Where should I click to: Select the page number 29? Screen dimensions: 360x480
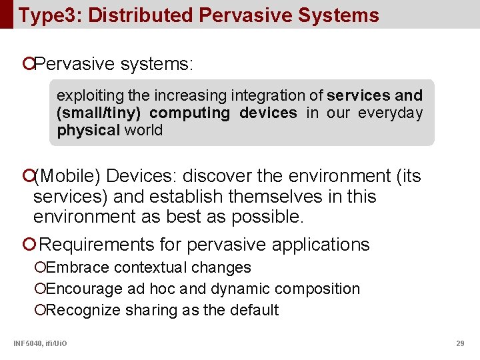click(x=460, y=343)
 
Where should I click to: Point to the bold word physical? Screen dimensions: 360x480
click(x=89, y=130)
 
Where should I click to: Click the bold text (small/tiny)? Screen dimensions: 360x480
click(x=100, y=113)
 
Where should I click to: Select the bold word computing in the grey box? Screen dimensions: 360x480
click(x=189, y=113)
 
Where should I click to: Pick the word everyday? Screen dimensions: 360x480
click(x=390, y=113)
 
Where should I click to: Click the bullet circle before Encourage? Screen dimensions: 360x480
click(x=41, y=289)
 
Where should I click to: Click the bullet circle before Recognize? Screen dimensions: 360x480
click(x=41, y=310)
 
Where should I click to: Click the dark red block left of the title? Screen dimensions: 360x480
click(x=6, y=14)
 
